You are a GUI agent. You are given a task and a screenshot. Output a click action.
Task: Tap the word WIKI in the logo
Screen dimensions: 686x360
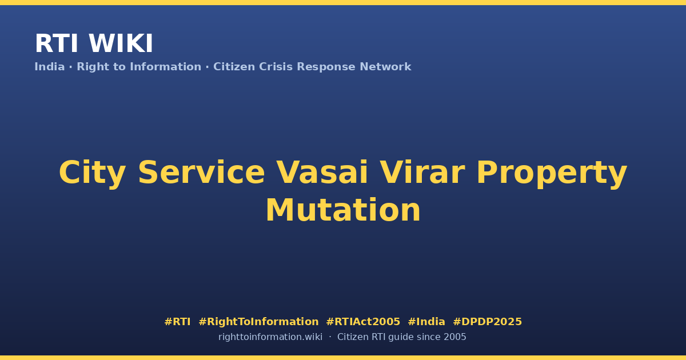[x=121, y=43]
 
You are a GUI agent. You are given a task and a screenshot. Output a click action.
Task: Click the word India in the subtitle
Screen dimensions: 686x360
[x=50, y=66]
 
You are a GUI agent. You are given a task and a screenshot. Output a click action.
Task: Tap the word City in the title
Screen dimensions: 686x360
[x=92, y=173]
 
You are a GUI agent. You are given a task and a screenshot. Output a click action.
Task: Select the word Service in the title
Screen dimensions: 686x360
[x=201, y=173]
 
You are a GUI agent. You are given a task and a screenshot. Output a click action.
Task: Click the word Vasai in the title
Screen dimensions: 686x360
[x=322, y=173]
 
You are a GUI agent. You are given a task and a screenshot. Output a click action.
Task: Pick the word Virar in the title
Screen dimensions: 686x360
[x=422, y=173]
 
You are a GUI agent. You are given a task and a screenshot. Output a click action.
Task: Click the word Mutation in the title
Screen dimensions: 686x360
[x=343, y=210]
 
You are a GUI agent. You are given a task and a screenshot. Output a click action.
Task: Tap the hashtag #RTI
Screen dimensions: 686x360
[x=177, y=322]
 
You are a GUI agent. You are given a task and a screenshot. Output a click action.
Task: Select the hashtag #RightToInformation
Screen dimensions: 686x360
[x=258, y=322]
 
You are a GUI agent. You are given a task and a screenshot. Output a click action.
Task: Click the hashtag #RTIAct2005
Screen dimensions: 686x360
[x=363, y=322]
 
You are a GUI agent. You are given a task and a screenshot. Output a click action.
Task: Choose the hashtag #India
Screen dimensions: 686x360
[x=426, y=322]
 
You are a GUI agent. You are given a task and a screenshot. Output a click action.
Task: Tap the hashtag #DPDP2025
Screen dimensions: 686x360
[x=487, y=322]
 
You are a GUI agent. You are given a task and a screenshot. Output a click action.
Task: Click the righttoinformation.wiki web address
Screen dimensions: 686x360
[x=270, y=337]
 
